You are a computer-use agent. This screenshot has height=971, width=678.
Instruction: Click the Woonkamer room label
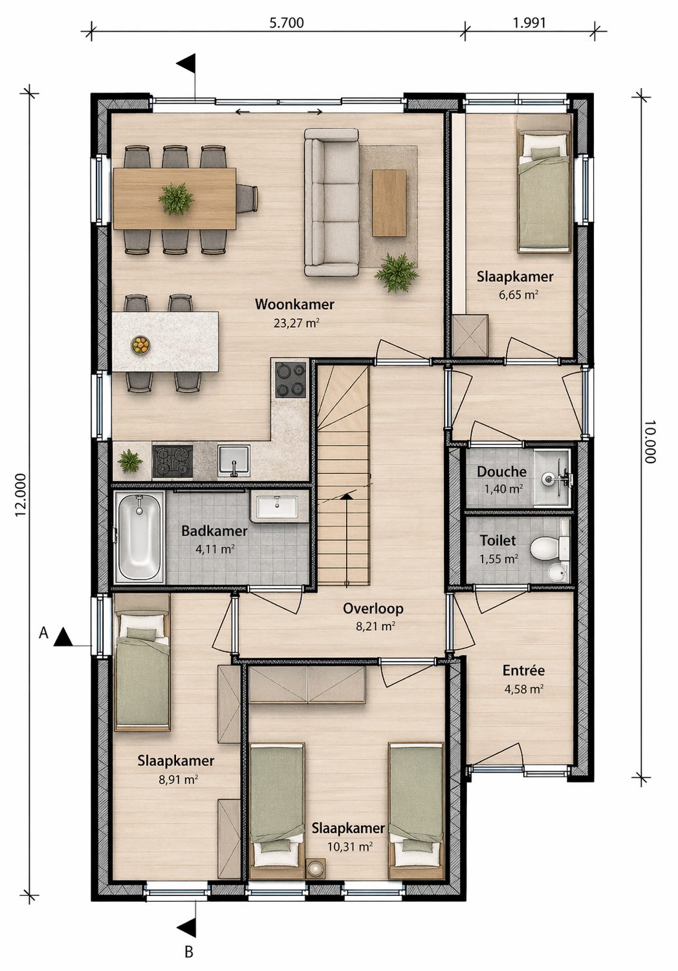pyautogui.click(x=294, y=304)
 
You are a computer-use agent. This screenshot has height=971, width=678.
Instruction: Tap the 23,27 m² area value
pyautogui.click(x=296, y=323)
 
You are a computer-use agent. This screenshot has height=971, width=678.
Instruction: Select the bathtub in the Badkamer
pyautogui.click(x=139, y=537)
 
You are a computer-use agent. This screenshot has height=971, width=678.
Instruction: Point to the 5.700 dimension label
pyautogui.click(x=287, y=23)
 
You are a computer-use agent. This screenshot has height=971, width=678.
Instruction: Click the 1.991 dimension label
pyautogui.click(x=529, y=23)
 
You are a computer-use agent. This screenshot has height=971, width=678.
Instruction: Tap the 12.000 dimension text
pyautogui.click(x=20, y=495)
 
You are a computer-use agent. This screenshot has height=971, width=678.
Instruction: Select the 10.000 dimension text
pyautogui.click(x=650, y=441)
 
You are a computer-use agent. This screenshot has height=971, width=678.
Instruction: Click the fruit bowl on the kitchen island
pyautogui.click(x=140, y=345)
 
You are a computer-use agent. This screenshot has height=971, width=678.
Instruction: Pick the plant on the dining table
pyautogui.click(x=176, y=199)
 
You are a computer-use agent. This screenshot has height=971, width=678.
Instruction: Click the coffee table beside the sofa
pyautogui.click(x=389, y=203)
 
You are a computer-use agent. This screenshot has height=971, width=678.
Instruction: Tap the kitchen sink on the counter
pyautogui.click(x=234, y=461)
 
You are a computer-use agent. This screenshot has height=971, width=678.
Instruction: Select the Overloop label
pyautogui.click(x=373, y=609)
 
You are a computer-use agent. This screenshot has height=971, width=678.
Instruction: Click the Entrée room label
pyautogui.click(x=523, y=671)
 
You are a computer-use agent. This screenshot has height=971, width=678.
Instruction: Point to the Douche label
pyautogui.click(x=501, y=472)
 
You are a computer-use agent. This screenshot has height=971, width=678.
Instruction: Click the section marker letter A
pyautogui.click(x=43, y=633)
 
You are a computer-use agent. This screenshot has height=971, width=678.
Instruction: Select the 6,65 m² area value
pyautogui.click(x=518, y=295)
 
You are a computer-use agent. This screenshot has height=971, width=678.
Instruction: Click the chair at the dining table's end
pyautogui.click(x=247, y=199)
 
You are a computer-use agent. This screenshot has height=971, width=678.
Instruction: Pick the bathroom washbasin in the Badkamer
pyautogui.click(x=277, y=507)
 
